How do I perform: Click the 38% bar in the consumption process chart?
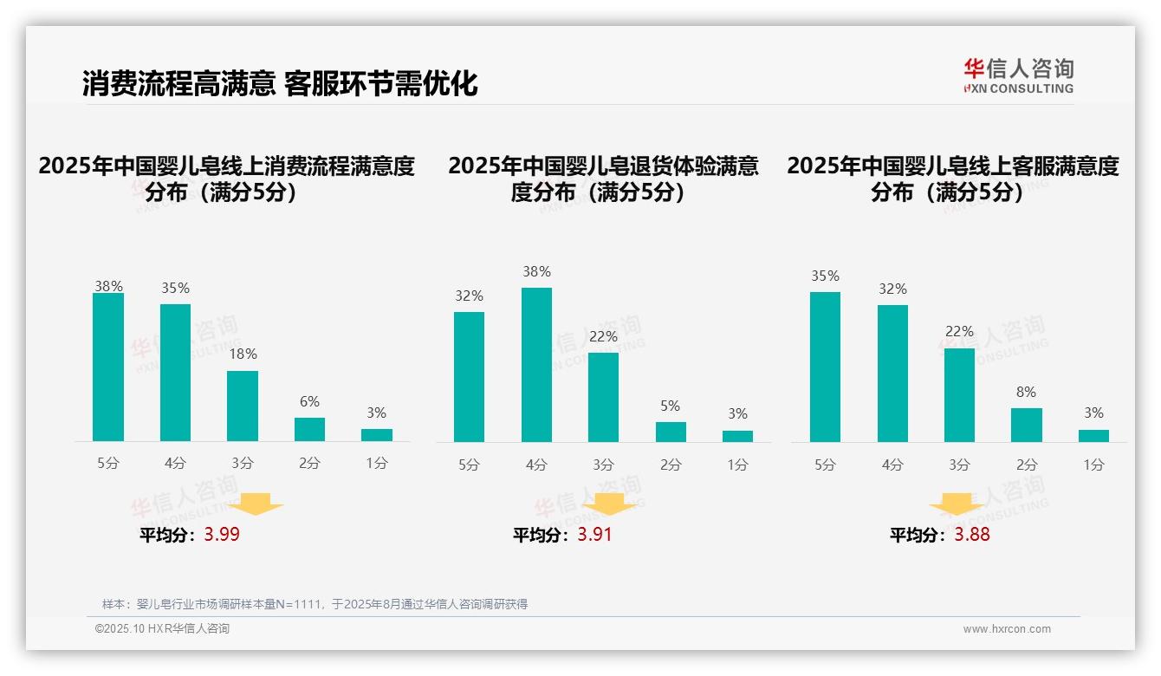coord(108,367)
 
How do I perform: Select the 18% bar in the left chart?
coord(243,406)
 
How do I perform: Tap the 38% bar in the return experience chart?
coord(536,364)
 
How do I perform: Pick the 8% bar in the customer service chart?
coord(1026,425)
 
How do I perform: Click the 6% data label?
coord(309,401)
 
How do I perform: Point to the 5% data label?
coord(670,406)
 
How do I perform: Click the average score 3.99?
coord(222,534)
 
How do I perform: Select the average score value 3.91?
coord(594,534)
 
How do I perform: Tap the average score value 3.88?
coord(972,534)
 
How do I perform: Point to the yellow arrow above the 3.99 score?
coord(256,504)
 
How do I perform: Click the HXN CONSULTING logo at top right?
coord(1018,76)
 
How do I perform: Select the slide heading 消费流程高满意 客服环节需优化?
coord(280,84)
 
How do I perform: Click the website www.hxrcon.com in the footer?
coord(1006,629)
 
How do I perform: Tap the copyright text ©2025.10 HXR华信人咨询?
coord(162,629)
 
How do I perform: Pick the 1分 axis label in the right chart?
coord(1093,465)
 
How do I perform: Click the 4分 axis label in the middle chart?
coord(536,465)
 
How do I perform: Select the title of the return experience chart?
coord(603,179)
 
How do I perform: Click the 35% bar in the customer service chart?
coord(825,367)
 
